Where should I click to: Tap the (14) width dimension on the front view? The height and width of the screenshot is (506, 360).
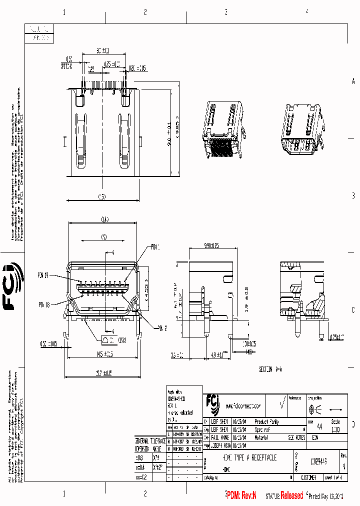pyautogui.click(x=104, y=218)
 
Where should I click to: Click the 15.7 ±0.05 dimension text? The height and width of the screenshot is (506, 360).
pyautogui.click(x=104, y=372)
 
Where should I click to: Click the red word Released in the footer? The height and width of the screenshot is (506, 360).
pyautogui.click(x=291, y=495)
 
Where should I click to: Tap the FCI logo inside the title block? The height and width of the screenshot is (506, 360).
pyautogui.click(x=212, y=402)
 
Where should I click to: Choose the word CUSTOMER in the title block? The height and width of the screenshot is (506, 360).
pyautogui.click(x=305, y=478)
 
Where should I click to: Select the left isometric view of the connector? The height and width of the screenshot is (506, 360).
pyautogui.click(x=222, y=127)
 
